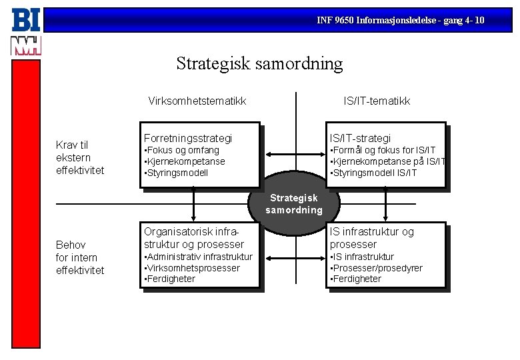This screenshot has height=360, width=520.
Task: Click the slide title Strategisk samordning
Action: pos(259,64)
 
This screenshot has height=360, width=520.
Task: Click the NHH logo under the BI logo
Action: pos(26,45)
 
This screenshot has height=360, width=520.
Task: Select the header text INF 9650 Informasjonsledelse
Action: pos(400,21)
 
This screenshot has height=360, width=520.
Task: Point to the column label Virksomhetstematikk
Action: pos(197,101)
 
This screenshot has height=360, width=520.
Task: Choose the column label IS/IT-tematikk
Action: pos(377,101)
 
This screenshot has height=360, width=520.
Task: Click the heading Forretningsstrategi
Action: pos(188,138)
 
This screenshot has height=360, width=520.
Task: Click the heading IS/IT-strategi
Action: pos(361,138)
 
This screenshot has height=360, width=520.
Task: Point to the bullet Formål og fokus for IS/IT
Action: pos(383,151)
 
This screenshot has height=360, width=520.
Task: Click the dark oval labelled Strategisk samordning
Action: pos(294,203)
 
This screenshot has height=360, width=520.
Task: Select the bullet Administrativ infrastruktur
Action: pos(198,257)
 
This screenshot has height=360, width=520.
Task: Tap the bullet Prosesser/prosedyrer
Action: pos(377,268)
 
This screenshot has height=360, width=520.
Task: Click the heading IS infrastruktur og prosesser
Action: pos(372,238)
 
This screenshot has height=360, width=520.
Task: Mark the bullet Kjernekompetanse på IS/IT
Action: pos(387,161)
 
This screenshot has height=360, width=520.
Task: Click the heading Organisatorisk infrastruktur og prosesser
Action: pos(193,238)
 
